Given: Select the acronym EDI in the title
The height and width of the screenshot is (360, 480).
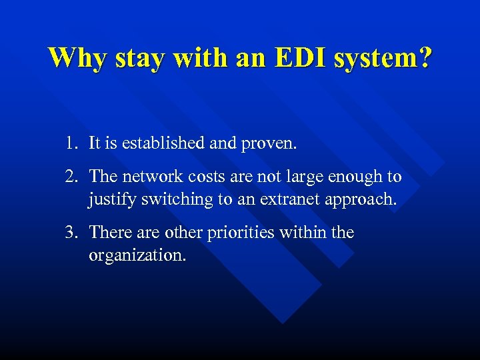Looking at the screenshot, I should (299, 58).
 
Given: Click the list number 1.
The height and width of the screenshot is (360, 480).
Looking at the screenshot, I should (70, 143).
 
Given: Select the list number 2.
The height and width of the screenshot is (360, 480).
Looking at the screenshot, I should (70, 177).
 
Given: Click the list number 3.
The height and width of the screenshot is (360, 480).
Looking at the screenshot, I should (70, 233).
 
